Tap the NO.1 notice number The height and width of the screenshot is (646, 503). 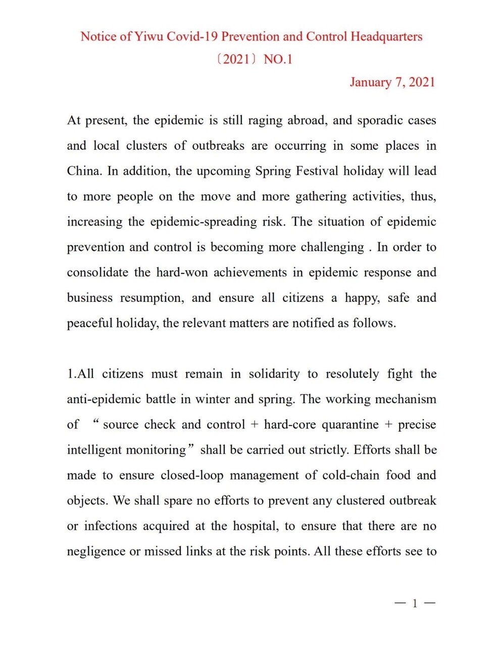tap(278, 60)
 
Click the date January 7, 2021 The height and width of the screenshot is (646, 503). tap(392, 82)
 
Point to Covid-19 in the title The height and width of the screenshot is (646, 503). tap(192, 37)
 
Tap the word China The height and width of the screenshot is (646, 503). tap(84, 171)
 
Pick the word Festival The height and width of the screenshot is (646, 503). tap(317, 171)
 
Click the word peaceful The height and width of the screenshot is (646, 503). tap(89, 323)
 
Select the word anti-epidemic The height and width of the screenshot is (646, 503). tap(104, 399)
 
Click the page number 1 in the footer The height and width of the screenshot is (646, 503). tap(415, 603)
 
